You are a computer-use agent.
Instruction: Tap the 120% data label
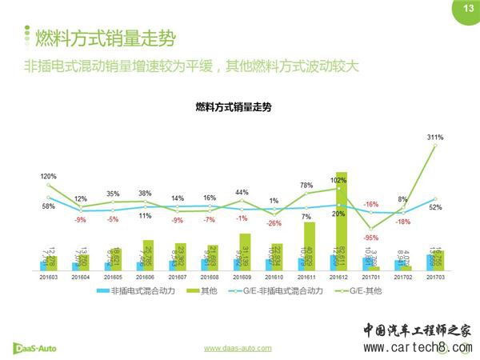click(48, 176)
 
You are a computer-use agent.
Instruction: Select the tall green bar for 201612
click(341, 220)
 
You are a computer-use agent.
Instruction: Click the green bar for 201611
click(310, 246)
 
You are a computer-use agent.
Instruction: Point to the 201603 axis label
click(48, 277)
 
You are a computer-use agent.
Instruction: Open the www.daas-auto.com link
click(238, 348)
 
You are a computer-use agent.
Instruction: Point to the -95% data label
click(370, 238)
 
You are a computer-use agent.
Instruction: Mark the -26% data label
click(277, 222)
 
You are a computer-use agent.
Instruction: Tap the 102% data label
click(338, 180)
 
